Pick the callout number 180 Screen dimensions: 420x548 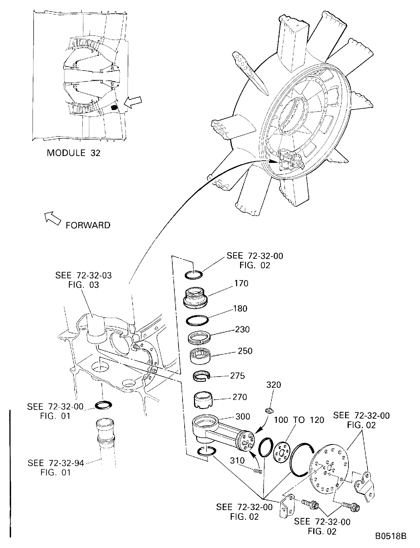240,309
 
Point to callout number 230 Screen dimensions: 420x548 242,330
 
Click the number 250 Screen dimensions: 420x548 245,351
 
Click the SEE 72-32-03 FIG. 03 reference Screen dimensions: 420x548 83,280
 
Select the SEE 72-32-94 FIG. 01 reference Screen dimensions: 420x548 56,468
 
